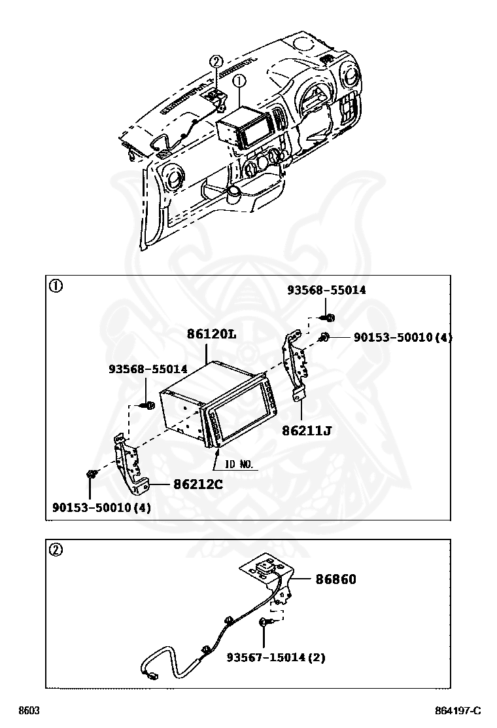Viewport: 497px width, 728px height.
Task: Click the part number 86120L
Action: [211, 334]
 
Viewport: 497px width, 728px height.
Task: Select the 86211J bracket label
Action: [307, 431]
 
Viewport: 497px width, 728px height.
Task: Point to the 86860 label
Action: [336, 579]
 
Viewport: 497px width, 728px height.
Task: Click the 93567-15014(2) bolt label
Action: [276, 657]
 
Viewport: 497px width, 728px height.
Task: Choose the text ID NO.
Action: [239, 465]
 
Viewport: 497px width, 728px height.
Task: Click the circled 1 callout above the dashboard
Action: [239, 81]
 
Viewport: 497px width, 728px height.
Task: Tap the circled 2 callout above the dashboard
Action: [216, 62]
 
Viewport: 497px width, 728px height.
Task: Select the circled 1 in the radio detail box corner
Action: [56, 287]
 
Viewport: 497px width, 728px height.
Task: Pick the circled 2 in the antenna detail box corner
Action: [56, 550]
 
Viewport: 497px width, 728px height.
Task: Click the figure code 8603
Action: [29, 711]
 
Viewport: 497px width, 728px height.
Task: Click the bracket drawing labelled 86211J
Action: [295, 367]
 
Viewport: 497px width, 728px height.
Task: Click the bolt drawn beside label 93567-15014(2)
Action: [265, 622]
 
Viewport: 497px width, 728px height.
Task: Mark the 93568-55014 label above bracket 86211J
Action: [326, 290]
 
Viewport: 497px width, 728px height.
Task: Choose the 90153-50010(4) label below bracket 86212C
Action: [101, 507]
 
